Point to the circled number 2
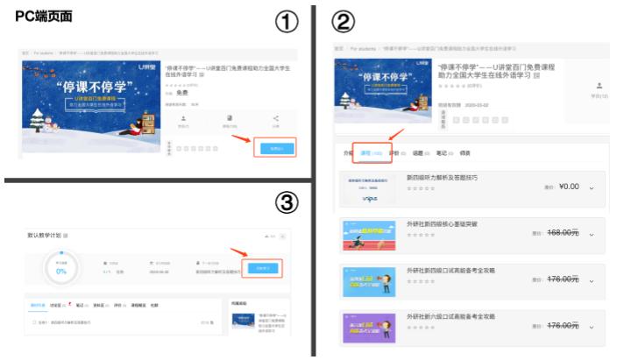coord(342,20)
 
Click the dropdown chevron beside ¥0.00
coord(592,187)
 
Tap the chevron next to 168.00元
coord(592,234)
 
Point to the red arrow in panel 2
coord(395,136)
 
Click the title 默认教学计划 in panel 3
coord(43,235)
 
